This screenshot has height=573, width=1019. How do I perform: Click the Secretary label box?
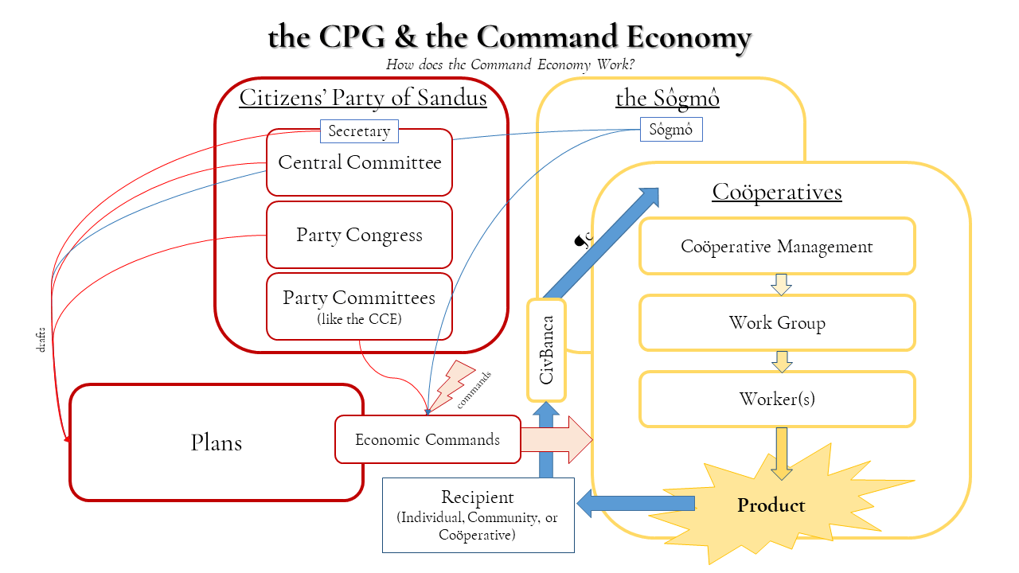pos(359,131)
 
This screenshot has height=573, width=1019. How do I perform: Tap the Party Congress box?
pos(359,235)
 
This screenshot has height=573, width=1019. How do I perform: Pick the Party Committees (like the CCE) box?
pos(359,306)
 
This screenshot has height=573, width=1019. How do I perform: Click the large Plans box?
pos(217,442)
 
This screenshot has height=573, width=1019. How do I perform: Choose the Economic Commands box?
pos(428,439)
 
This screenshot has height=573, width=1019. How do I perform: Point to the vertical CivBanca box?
pos(546,350)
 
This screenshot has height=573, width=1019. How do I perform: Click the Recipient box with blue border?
pos(478,515)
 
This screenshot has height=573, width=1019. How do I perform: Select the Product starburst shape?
pos(771,505)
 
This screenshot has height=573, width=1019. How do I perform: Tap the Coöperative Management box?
pos(777,247)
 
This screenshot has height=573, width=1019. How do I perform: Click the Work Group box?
pos(777,322)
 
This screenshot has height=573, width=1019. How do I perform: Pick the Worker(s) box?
pos(777,399)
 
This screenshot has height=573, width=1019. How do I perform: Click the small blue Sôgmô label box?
pos(670,130)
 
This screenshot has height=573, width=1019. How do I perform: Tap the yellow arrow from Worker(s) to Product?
pos(782,452)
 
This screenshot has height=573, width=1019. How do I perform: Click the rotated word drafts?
pos(41,339)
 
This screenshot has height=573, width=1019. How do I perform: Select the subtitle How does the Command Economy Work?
pos(509,64)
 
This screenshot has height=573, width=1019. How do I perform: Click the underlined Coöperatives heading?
pos(777,192)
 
